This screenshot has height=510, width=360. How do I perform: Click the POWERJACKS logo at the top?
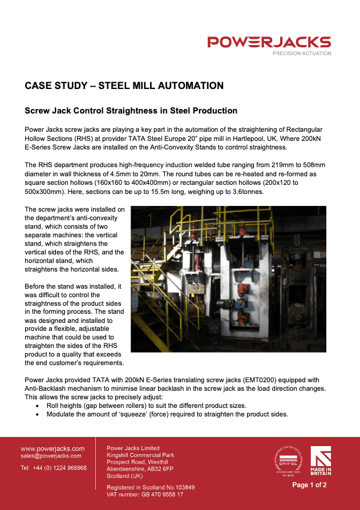click(269, 42)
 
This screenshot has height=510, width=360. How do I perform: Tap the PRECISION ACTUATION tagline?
click(302, 53)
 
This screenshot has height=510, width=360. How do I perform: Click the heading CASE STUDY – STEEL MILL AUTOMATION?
click(124, 86)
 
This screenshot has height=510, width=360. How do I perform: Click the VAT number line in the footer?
click(145, 495)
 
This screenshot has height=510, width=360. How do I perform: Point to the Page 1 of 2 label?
click(310, 485)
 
